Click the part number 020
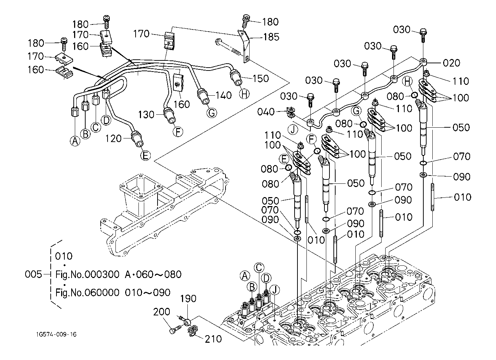pyautogui.click(x=451, y=63)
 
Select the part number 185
pyautogui.click(x=271, y=37)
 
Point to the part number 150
pyautogui.click(x=260, y=78)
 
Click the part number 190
pyautogui.click(x=188, y=299)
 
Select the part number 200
pyautogui.click(x=162, y=312)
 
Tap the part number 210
pyautogui.click(x=213, y=338)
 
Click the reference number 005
pyautogui.click(x=34, y=274)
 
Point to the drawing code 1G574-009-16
pyautogui.click(x=56, y=334)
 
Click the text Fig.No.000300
pyautogui.click(x=87, y=274)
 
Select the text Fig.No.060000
pyautogui.click(x=87, y=292)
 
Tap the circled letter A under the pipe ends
pyautogui.click(x=75, y=141)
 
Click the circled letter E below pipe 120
pyautogui.click(x=145, y=155)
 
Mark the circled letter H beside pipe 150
pyautogui.click(x=244, y=94)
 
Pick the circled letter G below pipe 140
pyautogui.click(x=212, y=113)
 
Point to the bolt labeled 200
pyautogui.click(x=174, y=328)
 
